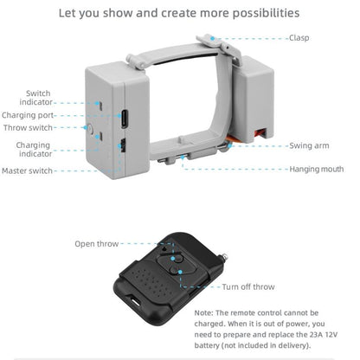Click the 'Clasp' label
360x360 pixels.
299,38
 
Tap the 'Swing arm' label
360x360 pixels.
309,145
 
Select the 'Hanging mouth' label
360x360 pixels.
317,169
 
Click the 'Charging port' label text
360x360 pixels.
28,115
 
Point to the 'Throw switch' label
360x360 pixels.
28,128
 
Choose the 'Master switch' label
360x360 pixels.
27,170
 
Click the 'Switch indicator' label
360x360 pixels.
36,98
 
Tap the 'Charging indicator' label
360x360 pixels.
34,150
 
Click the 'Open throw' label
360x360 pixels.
97,244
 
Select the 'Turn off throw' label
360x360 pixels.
248,287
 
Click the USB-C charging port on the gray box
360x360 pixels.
125,119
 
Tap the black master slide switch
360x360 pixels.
123,145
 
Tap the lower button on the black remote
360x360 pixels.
181,270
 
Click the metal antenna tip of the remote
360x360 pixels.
223,256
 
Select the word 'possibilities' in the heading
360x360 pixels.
266,14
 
